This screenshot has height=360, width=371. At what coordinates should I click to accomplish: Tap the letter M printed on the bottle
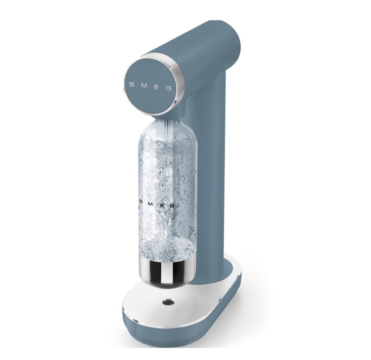pyautogui.click(x=152, y=202)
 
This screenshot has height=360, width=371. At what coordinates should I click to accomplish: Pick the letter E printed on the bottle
pyautogui.click(x=162, y=204)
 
